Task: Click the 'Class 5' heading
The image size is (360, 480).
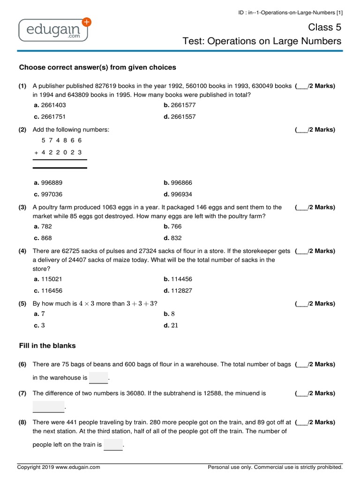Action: coord(324,27)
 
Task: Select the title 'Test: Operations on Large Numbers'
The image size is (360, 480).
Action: coord(262,41)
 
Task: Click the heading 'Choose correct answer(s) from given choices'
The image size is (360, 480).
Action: coord(97,67)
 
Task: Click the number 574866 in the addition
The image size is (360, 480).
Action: coord(61,140)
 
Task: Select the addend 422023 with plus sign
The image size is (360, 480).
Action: coord(58,152)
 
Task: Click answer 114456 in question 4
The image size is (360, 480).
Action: coord(178,279)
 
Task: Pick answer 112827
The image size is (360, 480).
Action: coord(178,291)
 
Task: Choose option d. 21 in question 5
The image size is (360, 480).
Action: coord(171,325)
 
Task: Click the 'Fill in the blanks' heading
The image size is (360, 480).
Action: coord(47,345)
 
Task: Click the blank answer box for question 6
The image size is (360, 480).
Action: coord(98,377)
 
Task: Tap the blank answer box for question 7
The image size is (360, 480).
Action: coord(48,406)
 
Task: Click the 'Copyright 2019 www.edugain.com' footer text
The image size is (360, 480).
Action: coord(59,467)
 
